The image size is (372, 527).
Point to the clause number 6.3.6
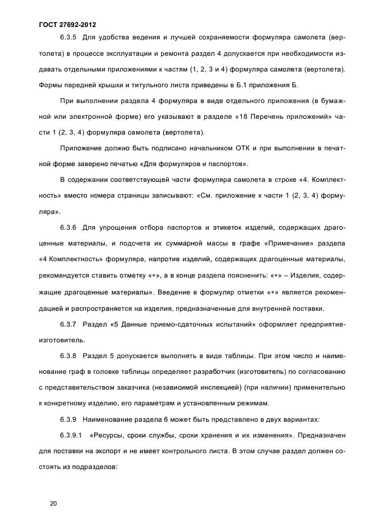70,227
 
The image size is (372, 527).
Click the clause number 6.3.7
70,325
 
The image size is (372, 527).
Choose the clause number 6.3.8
70,356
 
